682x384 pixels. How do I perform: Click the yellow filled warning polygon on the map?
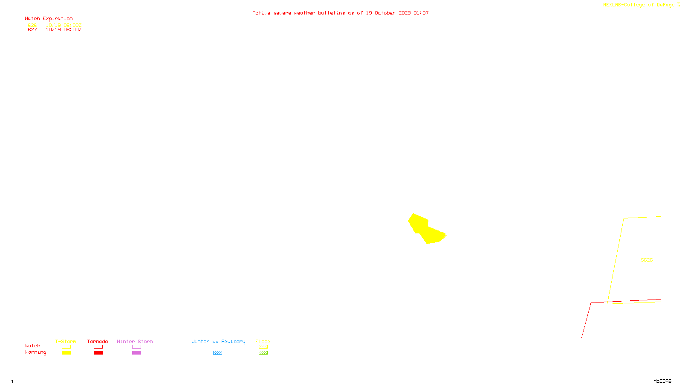pyautogui.click(x=424, y=228)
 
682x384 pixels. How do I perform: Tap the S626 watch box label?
pyautogui.click(x=647, y=260)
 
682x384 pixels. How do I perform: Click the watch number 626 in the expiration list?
pyautogui.click(x=32, y=25)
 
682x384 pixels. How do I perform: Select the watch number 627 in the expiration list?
pyautogui.click(x=32, y=30)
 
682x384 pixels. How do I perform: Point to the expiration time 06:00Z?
pyautogui.click(x=72, y=25)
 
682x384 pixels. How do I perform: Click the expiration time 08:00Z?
pyautogui.click(x=72, y=30)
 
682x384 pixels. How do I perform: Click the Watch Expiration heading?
pyautogui.click(x=49, y=19)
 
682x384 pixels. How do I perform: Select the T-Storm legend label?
pyautogui.click(x=66, y=341)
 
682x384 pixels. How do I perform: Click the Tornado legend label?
pyautogui.click(x=98, y=341)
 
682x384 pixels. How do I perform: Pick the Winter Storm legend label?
pyautogui.click(x=135, y=341)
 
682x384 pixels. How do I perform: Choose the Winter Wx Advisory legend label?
pyautogui.click(x=218, y=341)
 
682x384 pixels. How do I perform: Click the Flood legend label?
pyautogui.click(x=263, y=341)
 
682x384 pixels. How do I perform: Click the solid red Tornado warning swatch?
pyautogui.click(x=98, y=352)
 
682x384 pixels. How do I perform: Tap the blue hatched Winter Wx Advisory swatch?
pyautogui.click(x=217, y=352)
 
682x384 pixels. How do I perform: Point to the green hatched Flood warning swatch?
pyautogui.click(x=263, y=352)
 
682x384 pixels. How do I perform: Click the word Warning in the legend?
pyautogui.click(x=35, y=352)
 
